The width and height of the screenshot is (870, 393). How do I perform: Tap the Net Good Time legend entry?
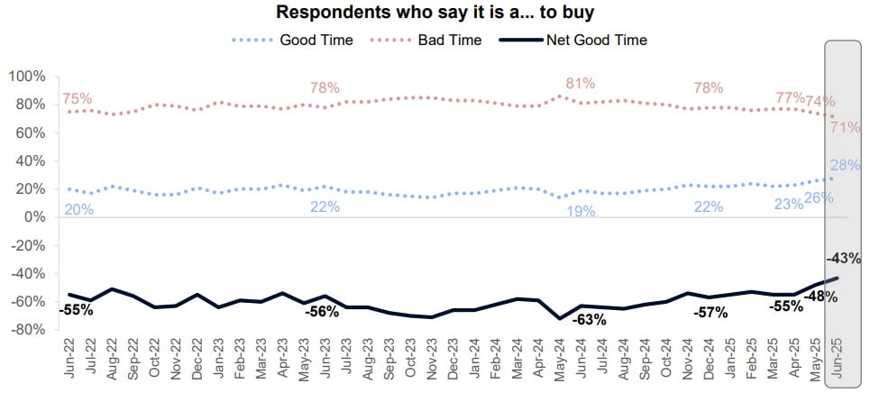[597, 40]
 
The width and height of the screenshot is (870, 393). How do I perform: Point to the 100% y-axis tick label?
[26, 76]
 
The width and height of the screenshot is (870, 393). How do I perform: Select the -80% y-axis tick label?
[26, 330]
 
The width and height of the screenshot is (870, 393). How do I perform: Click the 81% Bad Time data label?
[581, 84]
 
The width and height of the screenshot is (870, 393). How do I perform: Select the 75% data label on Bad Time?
[78, 99]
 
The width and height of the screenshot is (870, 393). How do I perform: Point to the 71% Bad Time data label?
[845, 127]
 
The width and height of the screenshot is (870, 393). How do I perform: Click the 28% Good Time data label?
[846, 165]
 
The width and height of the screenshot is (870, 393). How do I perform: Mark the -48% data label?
[821, 296]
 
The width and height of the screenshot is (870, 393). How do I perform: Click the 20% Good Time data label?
[78, 209]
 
